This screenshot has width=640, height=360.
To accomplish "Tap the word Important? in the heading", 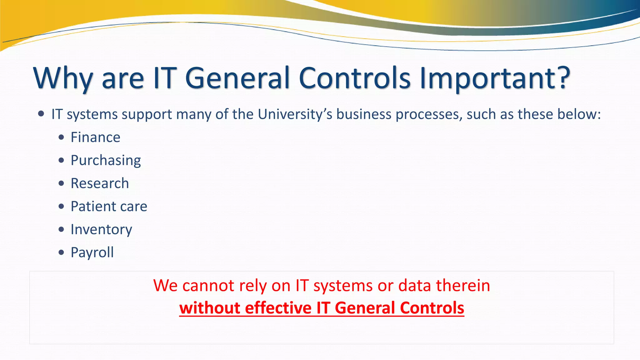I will click(x=495, y=78).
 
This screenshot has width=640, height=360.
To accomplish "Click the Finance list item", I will click(x=95, y=137).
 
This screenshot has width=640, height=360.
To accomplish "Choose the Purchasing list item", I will click(x=106, y=160).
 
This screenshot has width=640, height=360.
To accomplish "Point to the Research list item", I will click(x=100, y=183).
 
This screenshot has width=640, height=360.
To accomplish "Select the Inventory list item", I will click(x=101, y=229).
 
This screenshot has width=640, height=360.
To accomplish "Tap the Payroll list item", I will click(x=92, y=252).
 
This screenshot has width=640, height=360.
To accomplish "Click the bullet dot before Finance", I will click(x=61, y=137).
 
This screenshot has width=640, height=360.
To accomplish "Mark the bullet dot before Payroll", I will click(x=61, y=252).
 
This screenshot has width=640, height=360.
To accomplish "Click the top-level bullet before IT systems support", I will click(x=41, y=114).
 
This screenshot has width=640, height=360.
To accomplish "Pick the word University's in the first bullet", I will click(x=295, y=114).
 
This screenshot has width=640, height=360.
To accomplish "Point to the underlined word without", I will click(x=210, y=308).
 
